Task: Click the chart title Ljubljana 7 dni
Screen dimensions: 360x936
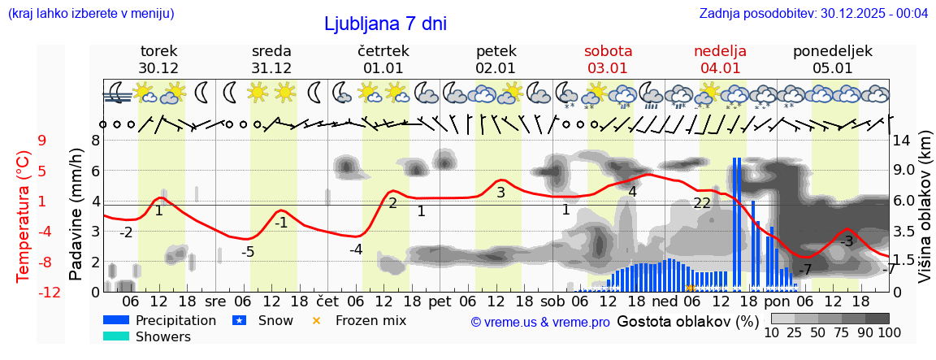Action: coord(385,24)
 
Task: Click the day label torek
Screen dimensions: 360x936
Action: coord(158,51)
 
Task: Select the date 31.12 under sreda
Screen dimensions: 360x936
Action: coord(271,68)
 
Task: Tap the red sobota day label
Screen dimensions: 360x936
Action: coord(608,51)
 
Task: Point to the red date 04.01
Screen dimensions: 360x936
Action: coord(720,68)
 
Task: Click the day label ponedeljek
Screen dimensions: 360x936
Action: coord(833,51)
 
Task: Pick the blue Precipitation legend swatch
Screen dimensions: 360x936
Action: coord(117,320)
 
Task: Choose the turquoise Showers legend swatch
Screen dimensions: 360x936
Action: coord(117,336)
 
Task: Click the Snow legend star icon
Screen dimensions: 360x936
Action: coord(240,320)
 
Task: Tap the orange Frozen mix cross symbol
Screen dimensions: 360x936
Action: coord(317,320)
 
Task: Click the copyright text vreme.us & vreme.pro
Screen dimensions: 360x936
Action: coord(540,322)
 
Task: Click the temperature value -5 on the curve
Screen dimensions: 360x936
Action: coord(248,252)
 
